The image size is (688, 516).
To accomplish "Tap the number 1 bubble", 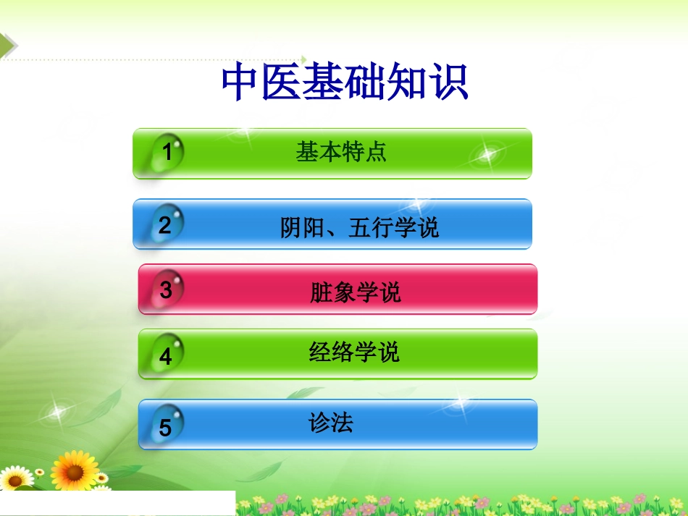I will pyautogui.click(x=167, y=153).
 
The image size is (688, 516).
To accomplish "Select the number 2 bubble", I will pyautogui.click(x=166, y=224).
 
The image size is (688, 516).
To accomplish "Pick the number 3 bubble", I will pyautogui.click(x=167, y=289).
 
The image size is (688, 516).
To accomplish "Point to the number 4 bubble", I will pyautogui.click(x=167, y=355).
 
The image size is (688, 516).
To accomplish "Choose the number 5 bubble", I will pyautogui.click(x=166, y=427).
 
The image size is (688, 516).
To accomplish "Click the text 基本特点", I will pyautogui.click(x=341, y=152).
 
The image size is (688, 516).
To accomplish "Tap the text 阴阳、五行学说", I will pyautogui.click(x=359, y=229).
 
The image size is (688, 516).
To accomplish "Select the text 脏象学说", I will pyautogui.click(x=355, y=292).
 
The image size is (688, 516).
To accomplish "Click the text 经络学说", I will pyautogui.click(x=354, y=352).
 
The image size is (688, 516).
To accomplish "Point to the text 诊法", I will pyautogui.click(x=331, y=423).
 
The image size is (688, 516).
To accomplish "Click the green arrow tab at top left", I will pyautogui.click(x=8, y=45).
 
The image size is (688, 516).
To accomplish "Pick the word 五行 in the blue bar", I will pyautogui.click(x=371, y=229).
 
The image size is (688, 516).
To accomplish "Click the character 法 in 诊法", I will pyautogui.click(x=342, y=423).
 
